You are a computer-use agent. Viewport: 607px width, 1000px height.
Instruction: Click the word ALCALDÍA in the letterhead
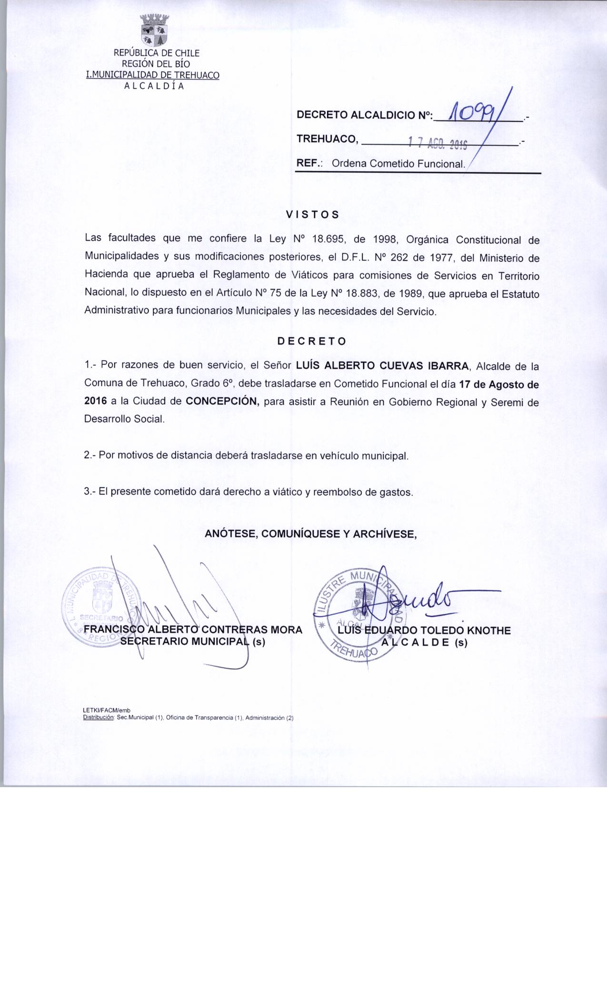pyautogui.click(x=153, y=86)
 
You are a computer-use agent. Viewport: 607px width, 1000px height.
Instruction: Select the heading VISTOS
pyautogui.click(x=312, y=214)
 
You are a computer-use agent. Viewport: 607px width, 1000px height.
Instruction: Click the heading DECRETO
pyautogui.click(x=312, y=341)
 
